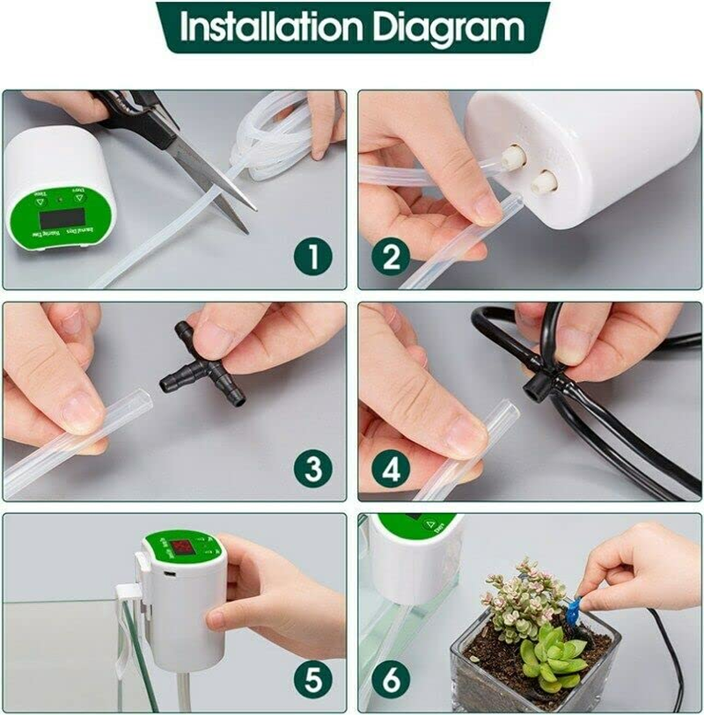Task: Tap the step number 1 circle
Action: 314,259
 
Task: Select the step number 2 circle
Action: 391,259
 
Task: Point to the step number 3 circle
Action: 314,470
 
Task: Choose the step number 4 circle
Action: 391,470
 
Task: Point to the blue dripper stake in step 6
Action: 573,609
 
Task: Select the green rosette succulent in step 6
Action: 550,655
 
